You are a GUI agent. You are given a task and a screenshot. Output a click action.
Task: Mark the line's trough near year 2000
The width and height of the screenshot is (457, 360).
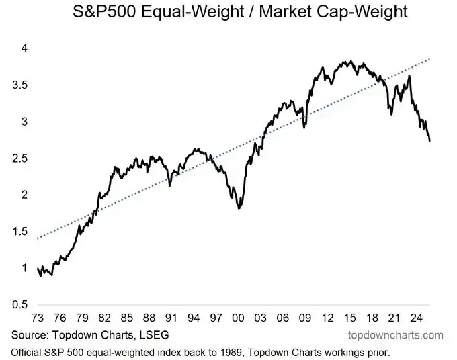pos(240,209)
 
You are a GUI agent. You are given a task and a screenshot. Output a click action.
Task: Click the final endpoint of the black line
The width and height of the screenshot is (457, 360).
pos(430,140)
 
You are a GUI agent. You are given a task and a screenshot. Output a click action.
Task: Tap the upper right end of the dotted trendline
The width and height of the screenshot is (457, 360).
pos(430,59)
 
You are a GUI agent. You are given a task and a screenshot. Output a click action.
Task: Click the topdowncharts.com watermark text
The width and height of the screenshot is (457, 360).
pos(394,335)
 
